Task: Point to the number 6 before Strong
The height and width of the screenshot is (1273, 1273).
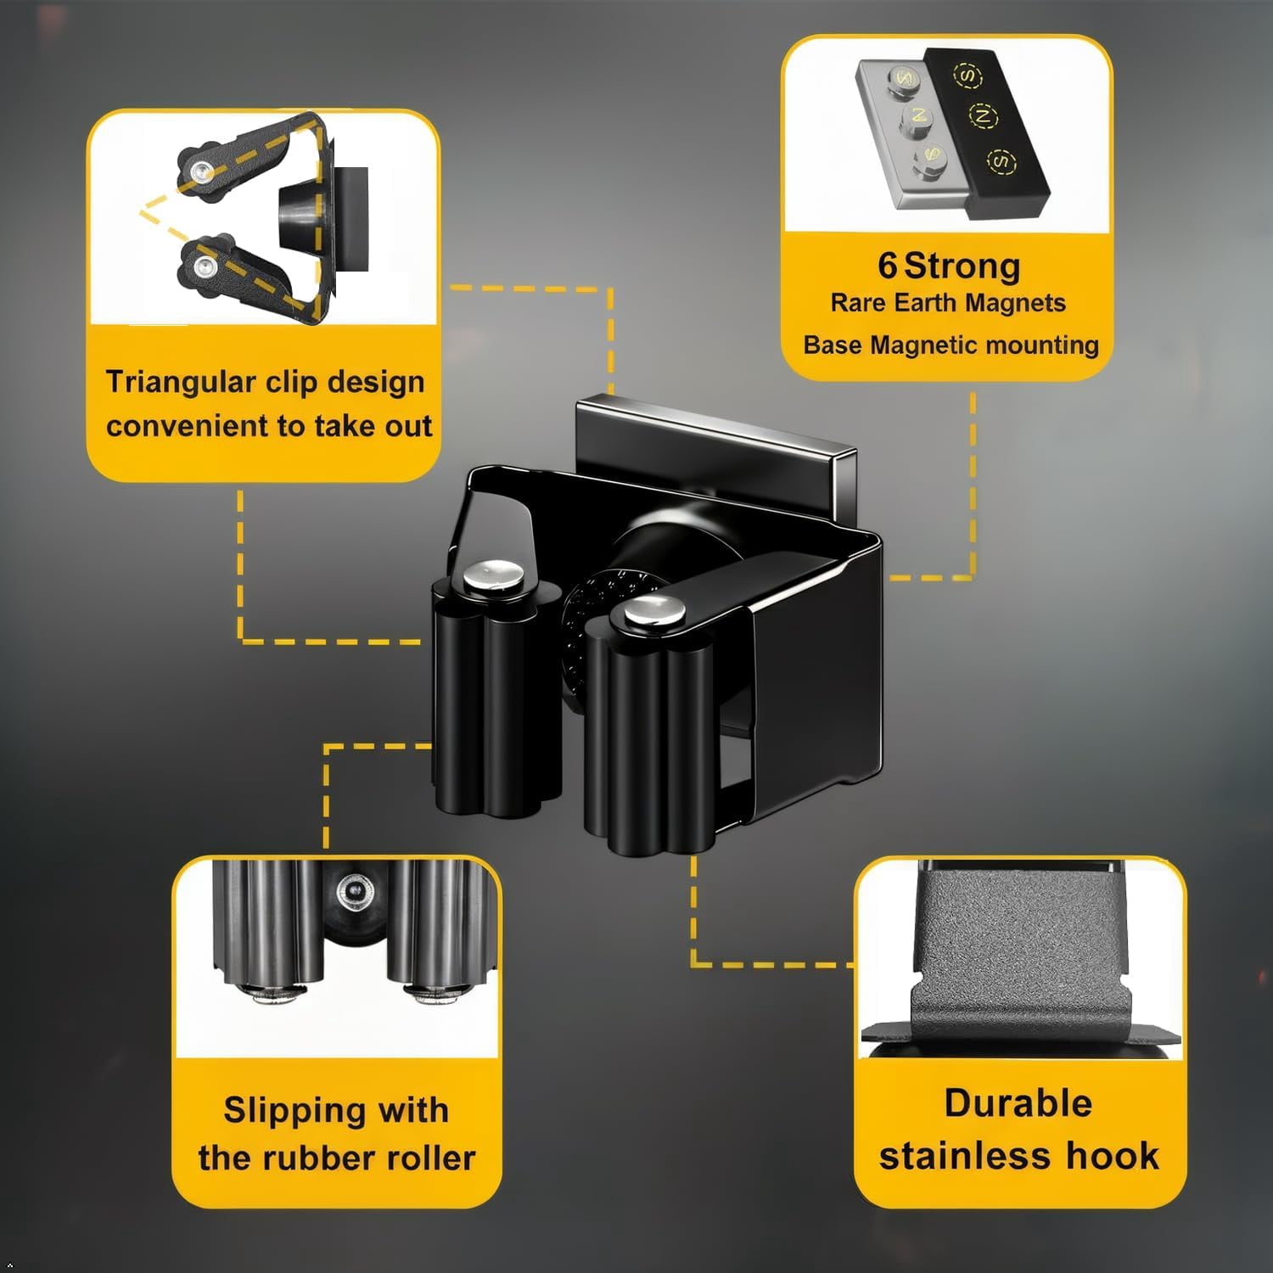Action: click(887, 266)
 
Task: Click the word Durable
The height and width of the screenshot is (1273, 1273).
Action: click(1018, 1103)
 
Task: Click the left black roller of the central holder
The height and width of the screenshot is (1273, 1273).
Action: click(496, 696)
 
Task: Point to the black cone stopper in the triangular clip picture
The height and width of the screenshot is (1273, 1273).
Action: click(297, 216)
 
